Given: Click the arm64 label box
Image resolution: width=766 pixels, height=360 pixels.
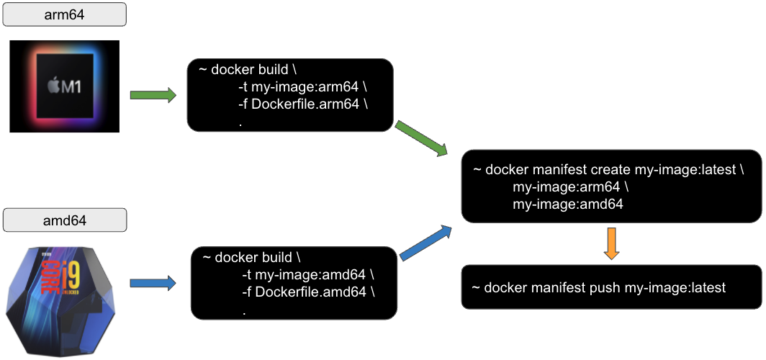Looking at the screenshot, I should pyautogui.click(x=65, y=14).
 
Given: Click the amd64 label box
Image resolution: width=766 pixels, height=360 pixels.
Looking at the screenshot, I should pyautogui.click(x=65, y=220).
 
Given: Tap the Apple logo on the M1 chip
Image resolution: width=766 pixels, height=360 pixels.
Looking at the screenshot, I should pyautogui.click(x=54, y=87).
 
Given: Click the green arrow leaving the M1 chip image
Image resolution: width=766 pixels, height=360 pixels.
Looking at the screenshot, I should pyautogui.click(x=153, y=95).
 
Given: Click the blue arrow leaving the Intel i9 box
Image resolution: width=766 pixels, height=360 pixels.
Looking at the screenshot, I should pyautogui.click(x=153, y=283).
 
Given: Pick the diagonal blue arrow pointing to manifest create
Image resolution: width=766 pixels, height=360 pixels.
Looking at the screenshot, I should pyautogui.click(x=425, y=243).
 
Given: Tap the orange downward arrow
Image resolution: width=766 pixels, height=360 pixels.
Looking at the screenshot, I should pyautogui.click(x=610, y=243).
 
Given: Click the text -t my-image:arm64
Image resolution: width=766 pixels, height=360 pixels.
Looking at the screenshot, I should pyautogui.click(x=304, y=87).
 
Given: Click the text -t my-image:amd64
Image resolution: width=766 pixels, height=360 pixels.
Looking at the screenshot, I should pyautogui.click(x=308, y=276).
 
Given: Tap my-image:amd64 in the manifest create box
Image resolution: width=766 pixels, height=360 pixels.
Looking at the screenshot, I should pyautogui.click(x=567, y=204).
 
